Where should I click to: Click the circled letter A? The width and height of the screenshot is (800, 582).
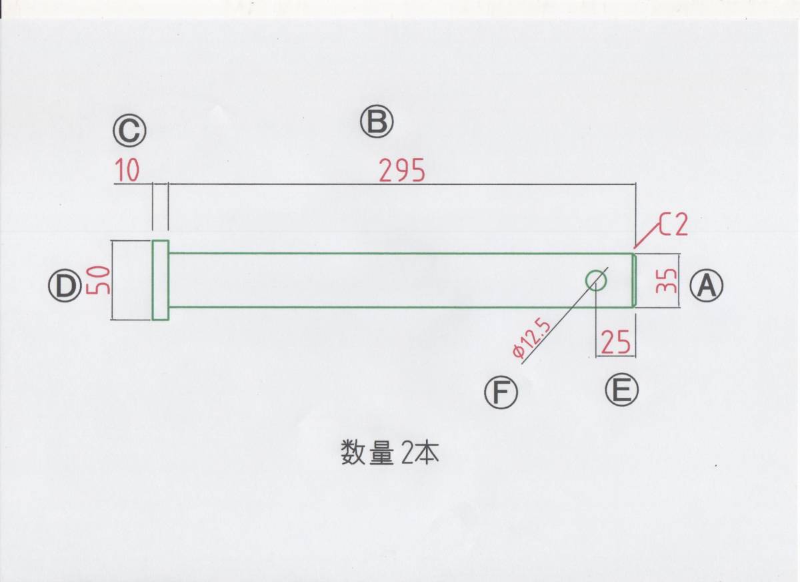(x=706, y=285)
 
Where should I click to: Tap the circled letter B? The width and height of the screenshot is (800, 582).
(x=377, y=122)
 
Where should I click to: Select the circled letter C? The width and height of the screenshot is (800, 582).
(x=129, y=131)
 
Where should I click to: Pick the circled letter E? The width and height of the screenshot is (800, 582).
(x=621, y=390)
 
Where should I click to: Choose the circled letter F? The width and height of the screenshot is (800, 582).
(x=501, y=392)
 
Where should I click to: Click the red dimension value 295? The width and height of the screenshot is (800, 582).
(x=402, y=172)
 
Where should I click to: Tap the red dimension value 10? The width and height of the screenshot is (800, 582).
(x=127, y=172)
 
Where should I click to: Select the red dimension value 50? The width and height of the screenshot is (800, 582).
(x=98, y=280)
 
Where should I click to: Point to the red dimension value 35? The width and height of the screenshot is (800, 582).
(x=667, y=281)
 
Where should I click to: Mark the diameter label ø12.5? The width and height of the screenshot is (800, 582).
(x=531, y=338)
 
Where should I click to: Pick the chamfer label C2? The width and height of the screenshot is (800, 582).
(x=673, y=226)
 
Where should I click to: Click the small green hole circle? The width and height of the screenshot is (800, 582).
(x=596, y=280)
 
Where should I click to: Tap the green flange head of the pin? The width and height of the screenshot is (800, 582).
(x=160, y=280)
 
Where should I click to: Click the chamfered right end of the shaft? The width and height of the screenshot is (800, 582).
(x=633, y=280)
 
